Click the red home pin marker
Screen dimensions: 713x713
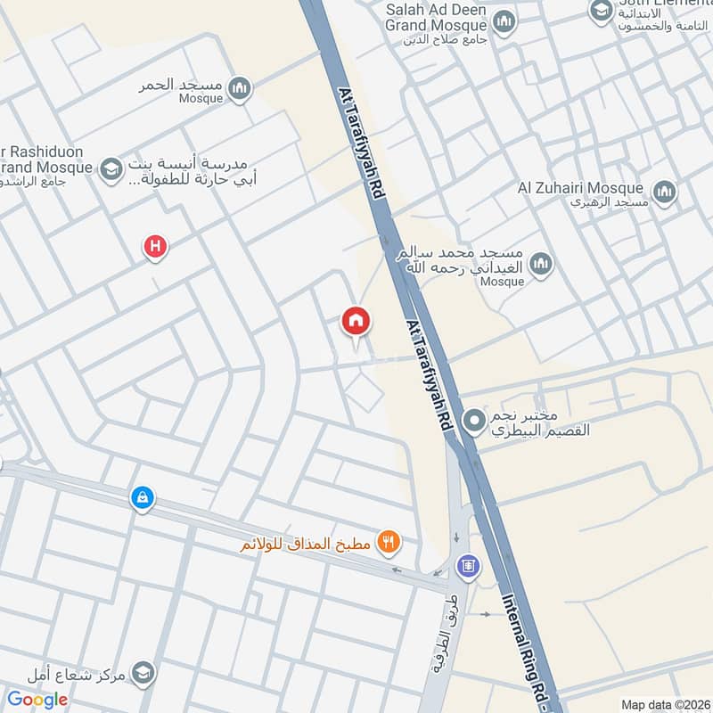click(356, 321)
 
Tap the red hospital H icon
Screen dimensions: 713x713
click(156, 246)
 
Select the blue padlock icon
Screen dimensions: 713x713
click(143, 498)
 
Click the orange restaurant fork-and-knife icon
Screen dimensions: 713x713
click(388, 539)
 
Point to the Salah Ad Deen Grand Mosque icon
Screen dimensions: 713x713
click(504, 21)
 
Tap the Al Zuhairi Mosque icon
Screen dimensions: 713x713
click(664, 192)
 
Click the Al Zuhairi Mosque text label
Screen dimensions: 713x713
click(580, 189)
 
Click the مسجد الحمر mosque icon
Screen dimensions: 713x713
click(239, 87)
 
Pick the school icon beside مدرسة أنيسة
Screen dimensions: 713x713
click(111, 168)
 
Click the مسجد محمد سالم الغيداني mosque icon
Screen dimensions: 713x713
click(540, 264)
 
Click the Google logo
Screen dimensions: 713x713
click(37, 700)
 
